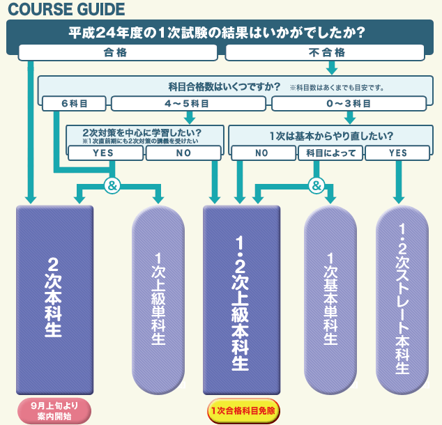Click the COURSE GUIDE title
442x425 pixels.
click(66, 10)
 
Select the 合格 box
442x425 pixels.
click(116, 52)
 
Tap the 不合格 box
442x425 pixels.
click(326, 52)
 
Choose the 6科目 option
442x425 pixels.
click(74, 105)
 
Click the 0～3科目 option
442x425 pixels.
click(350, 105)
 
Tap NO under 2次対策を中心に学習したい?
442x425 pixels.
click(184, 153)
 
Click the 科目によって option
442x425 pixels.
click(330, 153)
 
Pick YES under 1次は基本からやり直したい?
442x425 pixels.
click(398, 153)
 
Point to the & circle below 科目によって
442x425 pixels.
click(316, 185)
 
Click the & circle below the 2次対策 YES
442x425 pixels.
click(112, 185)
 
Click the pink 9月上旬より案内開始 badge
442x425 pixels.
click(54, 410)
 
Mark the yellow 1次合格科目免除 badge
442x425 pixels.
click(242, 410)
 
